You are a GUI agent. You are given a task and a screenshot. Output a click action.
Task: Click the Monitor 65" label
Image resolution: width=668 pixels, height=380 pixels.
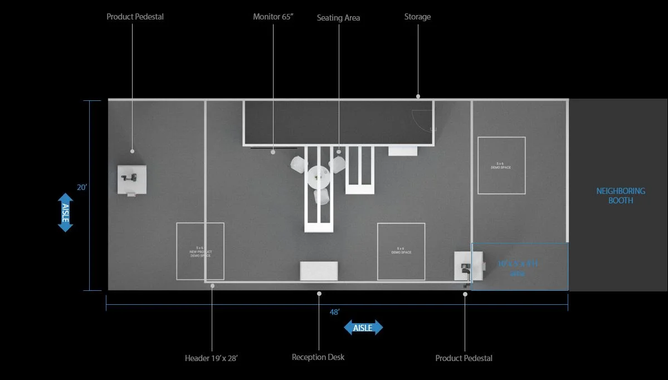pos(273,17)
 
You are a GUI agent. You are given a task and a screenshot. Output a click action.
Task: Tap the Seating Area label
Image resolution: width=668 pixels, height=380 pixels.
pos(338,18)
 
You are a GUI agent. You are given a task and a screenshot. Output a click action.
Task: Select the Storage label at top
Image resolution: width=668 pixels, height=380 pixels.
pos(417,17)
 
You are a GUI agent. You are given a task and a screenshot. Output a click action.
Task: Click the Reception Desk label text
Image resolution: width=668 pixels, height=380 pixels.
pos(318,357)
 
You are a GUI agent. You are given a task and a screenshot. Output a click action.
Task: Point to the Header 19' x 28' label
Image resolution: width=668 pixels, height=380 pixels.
pos(211,358)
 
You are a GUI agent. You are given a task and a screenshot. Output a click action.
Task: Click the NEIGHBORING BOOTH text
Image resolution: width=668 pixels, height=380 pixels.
pos(620,196)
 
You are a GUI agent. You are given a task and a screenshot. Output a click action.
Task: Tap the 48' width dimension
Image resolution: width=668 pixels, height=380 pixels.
pos(334,313)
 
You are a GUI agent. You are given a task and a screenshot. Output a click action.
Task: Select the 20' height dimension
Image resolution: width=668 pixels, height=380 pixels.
pos(82,188)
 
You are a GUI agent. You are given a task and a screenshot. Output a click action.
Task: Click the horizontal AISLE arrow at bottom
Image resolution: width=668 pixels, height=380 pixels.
pos(363,328)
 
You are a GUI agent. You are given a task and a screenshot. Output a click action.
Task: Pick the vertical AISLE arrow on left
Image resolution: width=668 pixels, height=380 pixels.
pos(65,212)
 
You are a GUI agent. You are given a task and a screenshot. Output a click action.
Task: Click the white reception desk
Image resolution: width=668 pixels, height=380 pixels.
pos(319,271)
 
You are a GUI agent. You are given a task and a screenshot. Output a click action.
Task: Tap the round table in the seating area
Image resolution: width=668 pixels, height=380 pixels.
pos(319,177)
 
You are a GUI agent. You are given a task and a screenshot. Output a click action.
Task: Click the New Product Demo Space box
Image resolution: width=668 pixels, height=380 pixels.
pos(200,251)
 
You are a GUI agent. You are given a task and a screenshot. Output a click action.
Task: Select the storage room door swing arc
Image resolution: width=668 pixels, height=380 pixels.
pos(423,119)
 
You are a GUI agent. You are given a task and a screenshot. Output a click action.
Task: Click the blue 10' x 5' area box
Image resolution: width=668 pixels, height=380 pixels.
pos(519,266)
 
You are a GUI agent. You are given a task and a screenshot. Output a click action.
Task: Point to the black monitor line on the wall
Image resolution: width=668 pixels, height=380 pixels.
pos(273,148)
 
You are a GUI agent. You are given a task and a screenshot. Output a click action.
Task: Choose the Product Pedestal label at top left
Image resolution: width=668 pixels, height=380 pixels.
pos(135,17)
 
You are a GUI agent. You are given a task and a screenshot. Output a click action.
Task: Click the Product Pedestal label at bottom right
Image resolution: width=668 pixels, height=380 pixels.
pos(464,358)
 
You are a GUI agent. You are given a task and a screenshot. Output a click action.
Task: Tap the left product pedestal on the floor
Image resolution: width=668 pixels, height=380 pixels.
pos(132,179)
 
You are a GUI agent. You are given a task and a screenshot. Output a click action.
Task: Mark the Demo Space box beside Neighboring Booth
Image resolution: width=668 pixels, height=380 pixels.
pos(501,165)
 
